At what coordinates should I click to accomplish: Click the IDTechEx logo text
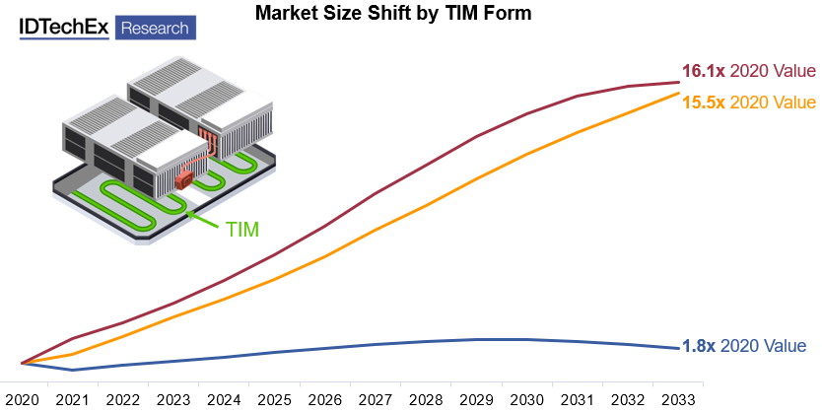[64, 27]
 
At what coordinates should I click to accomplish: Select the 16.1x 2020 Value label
[749, 71]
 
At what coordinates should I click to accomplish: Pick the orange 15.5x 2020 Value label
[749, 102]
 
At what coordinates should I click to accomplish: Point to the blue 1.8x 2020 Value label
[744, 346]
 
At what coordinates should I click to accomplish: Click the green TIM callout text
[242, 230]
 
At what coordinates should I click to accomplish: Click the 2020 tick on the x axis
[22, 399]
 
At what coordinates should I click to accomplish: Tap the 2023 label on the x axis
[172, 399]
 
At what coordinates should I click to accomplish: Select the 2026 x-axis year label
[324, 399]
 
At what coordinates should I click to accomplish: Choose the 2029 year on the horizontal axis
[476, 399]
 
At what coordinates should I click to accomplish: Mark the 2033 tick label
[678, 399]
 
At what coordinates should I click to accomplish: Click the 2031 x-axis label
[577, 399]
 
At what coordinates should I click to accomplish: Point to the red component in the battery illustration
[183, 181]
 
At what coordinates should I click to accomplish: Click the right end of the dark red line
[678, 82]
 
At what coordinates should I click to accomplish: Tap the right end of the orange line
[678, 93]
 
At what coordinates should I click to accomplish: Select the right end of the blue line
[678, 348]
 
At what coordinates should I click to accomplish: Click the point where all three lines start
[22, 363]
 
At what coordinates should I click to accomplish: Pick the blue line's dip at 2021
[72, 370]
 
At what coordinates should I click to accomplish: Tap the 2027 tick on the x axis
[375, 399]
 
